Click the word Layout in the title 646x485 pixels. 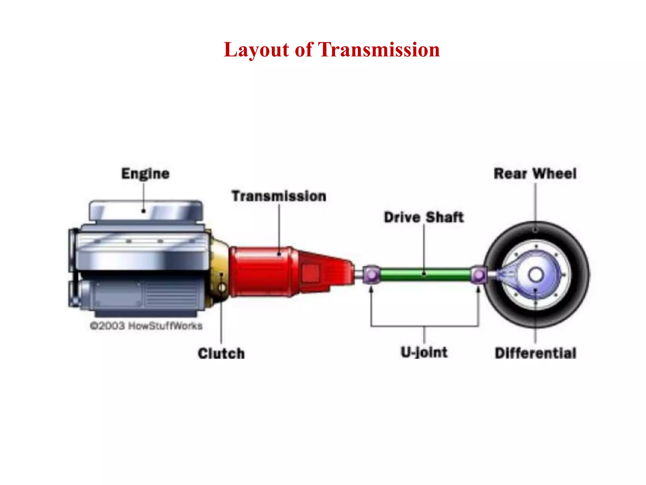[256, 50]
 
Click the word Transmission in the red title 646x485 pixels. [379, 50]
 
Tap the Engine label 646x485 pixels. [145, 174]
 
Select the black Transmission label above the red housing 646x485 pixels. [279, 196]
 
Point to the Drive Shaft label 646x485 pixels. [424, 217]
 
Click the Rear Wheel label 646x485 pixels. [535, 174]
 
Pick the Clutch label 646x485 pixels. [221, 353]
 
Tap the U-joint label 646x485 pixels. [424, 352]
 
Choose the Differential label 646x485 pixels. [535, 353]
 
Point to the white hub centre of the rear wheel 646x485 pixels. [536, 275]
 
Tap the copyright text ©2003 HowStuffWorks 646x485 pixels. [146, 326]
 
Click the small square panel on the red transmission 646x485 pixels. [311, 273]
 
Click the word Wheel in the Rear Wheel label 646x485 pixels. [554, 174]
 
